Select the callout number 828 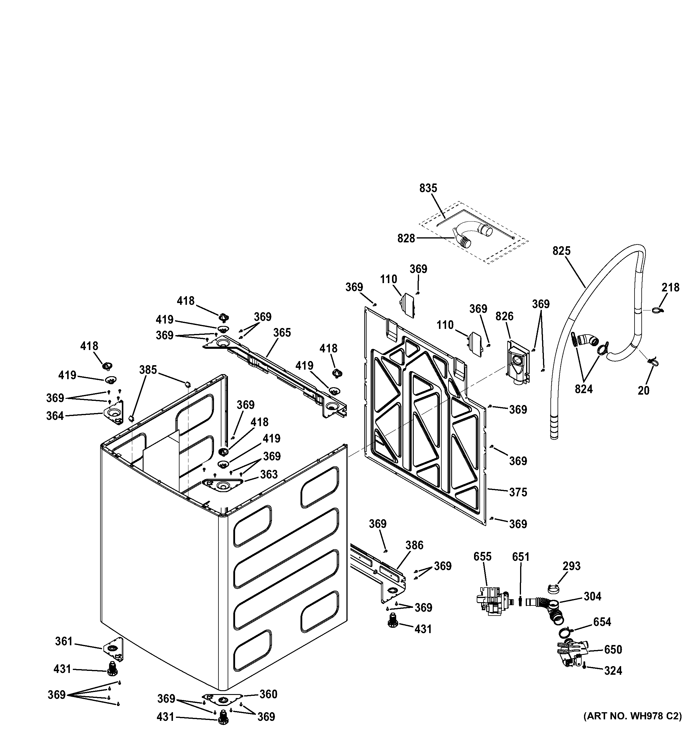tap(406, 238)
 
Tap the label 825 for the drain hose tap(561, 251)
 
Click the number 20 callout tap(644, 390)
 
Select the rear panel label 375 tap(518, 492)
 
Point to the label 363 tap(269, 474)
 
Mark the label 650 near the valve tap(613, 649)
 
